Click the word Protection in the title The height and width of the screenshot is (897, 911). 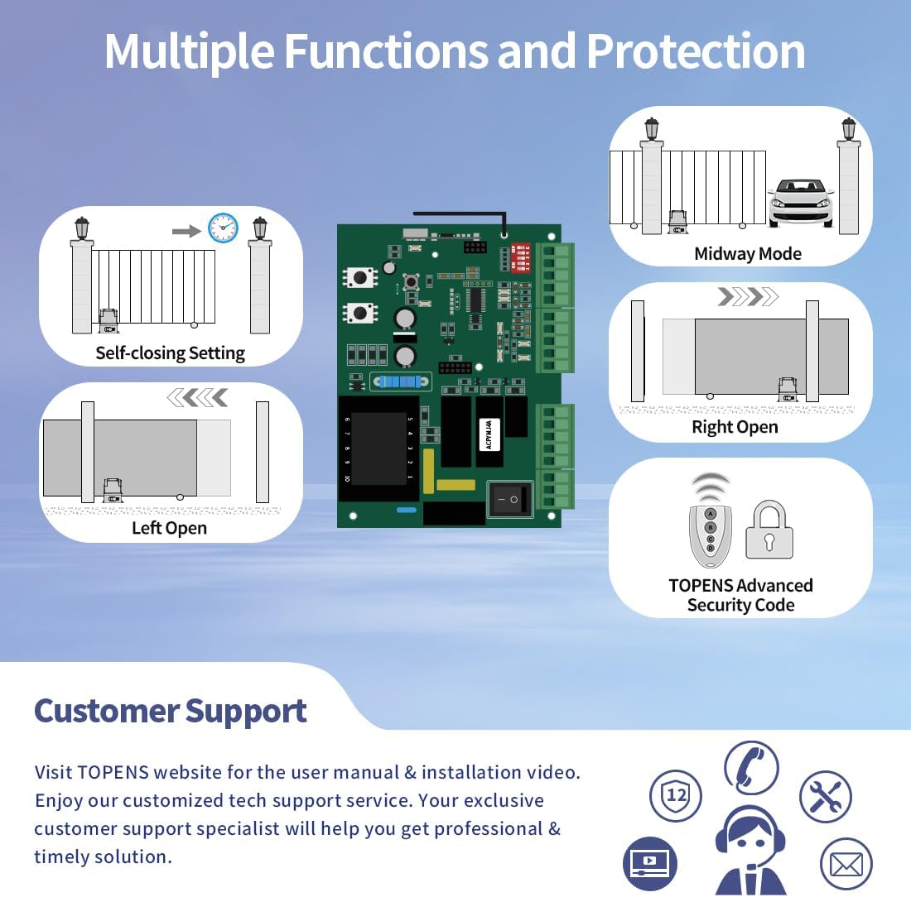point(696,51)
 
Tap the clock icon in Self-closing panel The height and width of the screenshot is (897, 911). point(223,228)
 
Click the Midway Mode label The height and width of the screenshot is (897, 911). point(748,254)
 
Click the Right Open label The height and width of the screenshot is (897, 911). point(735,427)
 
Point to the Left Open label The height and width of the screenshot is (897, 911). point(169,528)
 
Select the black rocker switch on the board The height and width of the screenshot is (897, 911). point(509,500)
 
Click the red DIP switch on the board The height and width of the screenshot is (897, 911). point(521,257)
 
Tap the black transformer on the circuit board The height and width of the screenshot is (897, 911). point(378,448)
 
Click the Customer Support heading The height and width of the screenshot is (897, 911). point(171,712)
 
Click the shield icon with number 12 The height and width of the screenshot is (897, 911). point(676,795)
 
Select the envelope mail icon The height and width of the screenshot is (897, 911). point(846,865)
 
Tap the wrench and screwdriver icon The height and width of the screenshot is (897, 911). point(825,796)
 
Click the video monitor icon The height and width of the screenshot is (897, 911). point(650,863)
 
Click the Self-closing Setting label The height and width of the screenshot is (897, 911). point(170,353)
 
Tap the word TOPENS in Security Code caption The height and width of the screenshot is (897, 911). point(701,586)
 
